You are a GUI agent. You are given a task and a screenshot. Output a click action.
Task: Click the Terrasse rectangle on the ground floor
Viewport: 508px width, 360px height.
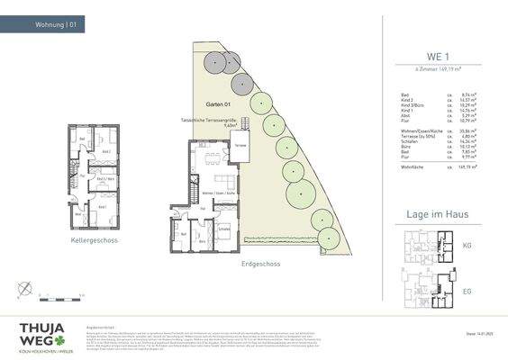coord(240,146)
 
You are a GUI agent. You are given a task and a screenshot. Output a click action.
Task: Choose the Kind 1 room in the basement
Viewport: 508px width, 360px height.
coord(102,208)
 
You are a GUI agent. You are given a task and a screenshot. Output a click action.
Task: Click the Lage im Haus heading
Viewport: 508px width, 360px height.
coord(437,213)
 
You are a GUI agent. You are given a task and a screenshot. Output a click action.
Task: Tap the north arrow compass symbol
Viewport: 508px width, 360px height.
coord(28,288)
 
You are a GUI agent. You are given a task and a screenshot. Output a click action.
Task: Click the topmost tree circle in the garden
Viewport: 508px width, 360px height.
coord(215,61)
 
